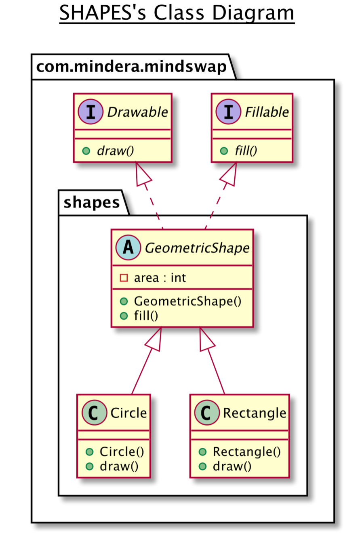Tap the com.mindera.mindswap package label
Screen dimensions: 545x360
point(131,67)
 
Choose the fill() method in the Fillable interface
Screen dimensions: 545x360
point(246,151)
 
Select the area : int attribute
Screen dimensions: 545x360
point(160,278)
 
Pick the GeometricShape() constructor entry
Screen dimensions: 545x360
point(187,301)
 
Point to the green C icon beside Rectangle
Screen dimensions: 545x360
point(206,413)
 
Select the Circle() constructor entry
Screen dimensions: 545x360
point(122,451)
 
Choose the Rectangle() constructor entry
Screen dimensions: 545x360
point(246,451)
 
